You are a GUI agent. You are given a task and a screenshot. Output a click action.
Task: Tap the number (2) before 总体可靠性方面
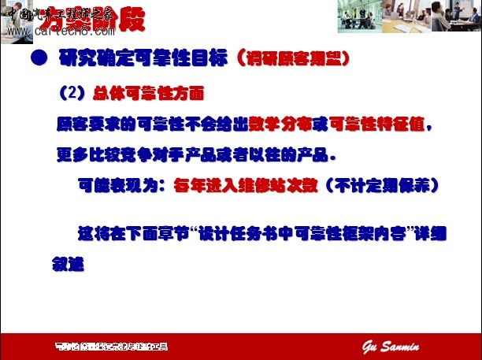click(x=72, y=93)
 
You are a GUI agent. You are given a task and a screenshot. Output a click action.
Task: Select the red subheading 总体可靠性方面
click(x=147, y=93)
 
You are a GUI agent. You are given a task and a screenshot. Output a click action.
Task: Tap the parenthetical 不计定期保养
click(x=385, y=185)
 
